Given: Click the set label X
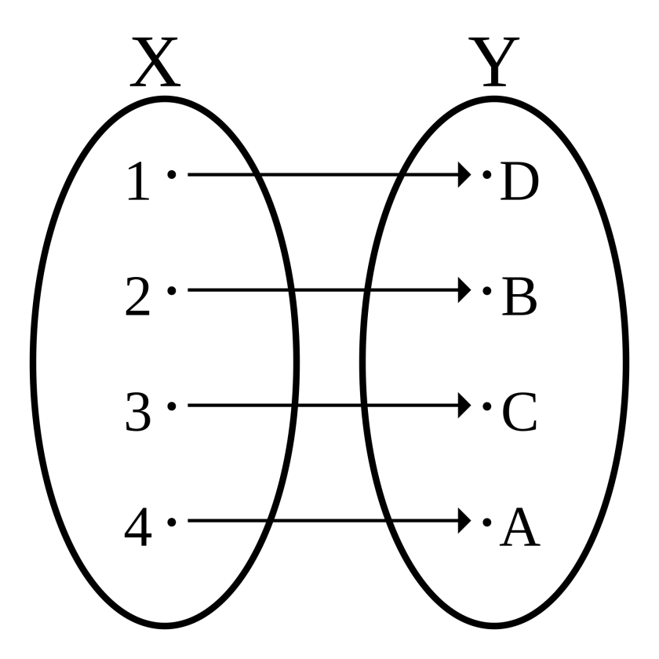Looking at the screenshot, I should [155, 64].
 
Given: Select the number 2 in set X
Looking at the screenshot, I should [137, 298].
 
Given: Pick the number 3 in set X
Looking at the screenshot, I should [137, 414].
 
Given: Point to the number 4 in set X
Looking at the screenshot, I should [137, 530].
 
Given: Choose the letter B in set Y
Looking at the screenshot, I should [519, 298].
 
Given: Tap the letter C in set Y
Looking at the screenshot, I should [519, 414].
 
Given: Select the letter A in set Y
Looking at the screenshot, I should [519, 530].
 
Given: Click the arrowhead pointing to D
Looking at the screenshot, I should [463, 174].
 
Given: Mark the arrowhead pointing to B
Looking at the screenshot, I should [463, 290].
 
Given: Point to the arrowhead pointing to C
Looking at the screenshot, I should [463, 406].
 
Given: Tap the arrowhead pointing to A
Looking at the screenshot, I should [463, 521].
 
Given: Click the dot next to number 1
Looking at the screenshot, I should [172, 174].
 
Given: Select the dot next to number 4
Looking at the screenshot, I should [172, 521].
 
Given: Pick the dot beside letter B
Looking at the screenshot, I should [486, 290].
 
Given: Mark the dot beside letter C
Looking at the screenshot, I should [486, 406].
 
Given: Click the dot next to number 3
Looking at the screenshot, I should [172, 406].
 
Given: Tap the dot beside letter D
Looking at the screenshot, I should [486, 174].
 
